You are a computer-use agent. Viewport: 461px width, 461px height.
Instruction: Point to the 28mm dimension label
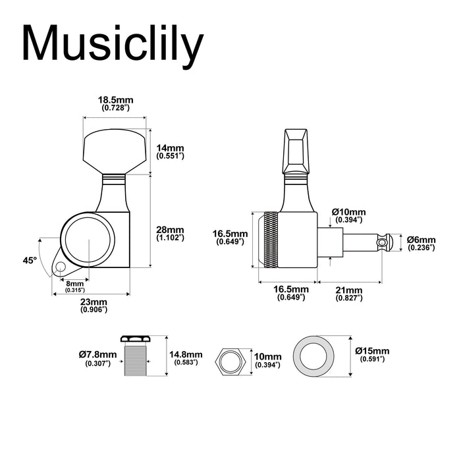click(x=170, y=234)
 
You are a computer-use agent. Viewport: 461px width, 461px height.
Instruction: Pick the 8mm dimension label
click(x=74, y=285)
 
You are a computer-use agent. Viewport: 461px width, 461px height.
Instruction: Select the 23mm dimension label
click(x=93, y=304)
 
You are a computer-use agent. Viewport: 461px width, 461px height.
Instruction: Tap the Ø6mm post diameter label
click(x=421, y=244)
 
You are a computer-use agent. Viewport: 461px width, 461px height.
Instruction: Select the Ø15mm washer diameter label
click(x=371, y=354)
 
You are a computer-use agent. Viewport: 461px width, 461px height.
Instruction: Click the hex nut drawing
click(x=230, y=362)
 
